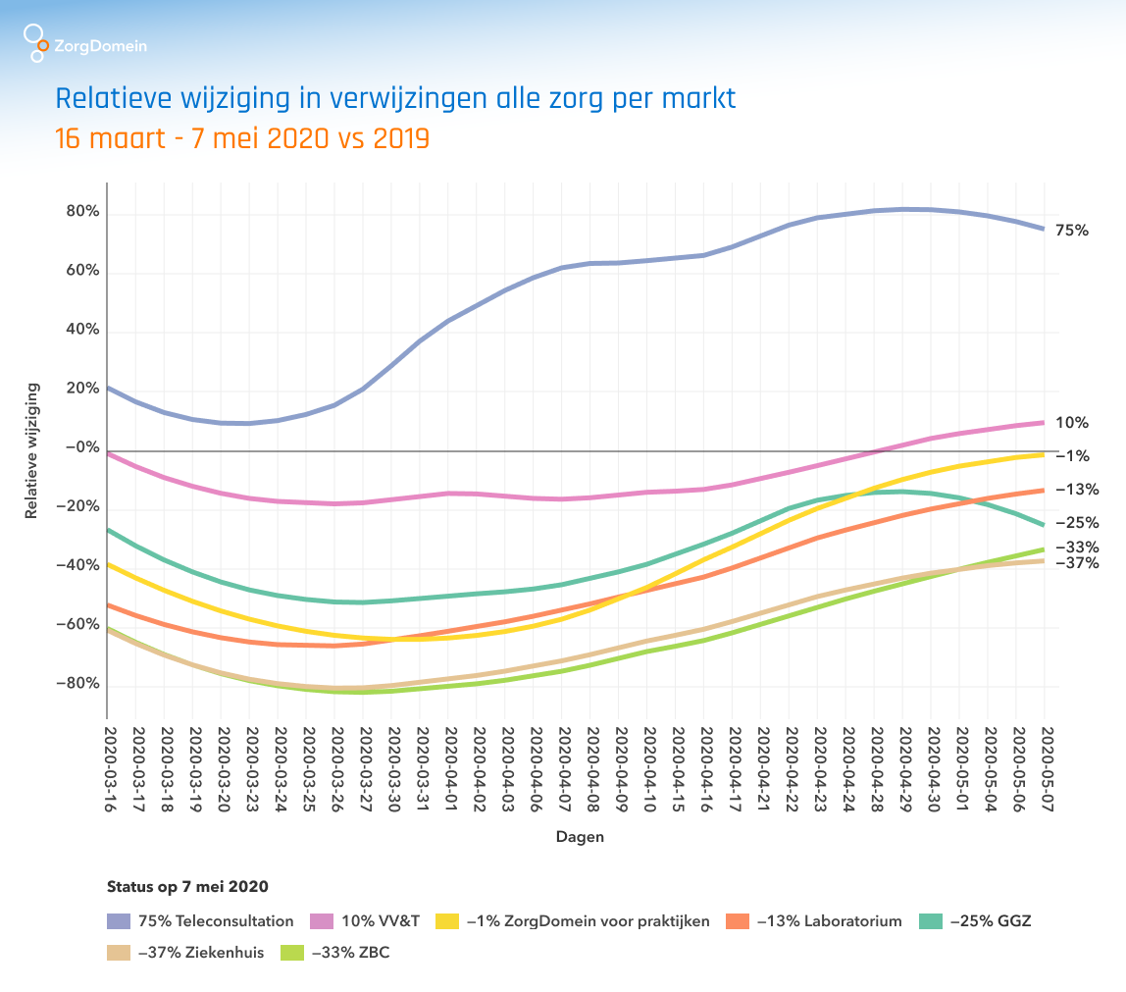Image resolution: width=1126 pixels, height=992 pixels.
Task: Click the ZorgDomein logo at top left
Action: click(x=84, y=43)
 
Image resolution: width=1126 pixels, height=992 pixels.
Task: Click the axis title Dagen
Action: click(x=580, y=837)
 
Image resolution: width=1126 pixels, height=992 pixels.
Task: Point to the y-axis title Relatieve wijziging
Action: click(x=33, y=450)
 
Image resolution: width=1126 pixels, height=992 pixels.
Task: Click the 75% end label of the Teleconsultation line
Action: click(x=1071, y=231)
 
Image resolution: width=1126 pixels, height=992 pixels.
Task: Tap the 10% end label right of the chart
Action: click(x=1071, y=423)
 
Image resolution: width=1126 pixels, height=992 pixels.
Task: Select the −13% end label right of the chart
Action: click(x=1076, y=489)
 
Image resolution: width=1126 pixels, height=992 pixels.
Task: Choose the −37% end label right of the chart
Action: click(x=1076, y=563)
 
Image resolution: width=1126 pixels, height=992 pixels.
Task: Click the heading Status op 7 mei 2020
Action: click(x=187, y=886)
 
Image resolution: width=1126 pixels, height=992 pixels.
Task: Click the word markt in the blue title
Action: click(x=697, y=99)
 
